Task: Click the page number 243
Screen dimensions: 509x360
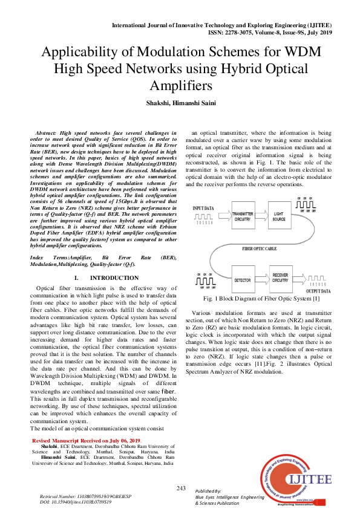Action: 180,488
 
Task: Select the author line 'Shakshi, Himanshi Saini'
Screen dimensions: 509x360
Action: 180,104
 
